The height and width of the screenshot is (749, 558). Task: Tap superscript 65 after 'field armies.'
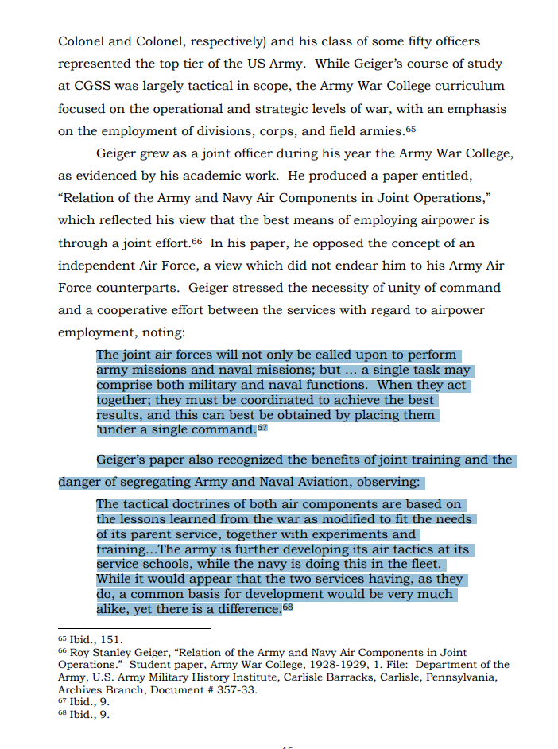[x=410, y=128]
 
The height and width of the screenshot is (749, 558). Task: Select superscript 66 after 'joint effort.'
[x=197, y=240]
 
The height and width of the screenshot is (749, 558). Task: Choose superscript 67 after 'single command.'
[x=262, y=428]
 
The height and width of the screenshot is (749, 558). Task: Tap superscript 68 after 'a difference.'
[x=288, y=608]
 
